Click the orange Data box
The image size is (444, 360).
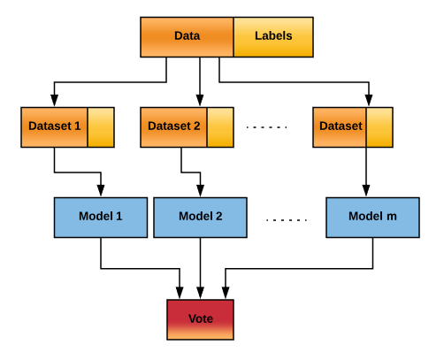point(187,37)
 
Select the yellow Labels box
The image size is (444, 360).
point(273,37)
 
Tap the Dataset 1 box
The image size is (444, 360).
point(54,127)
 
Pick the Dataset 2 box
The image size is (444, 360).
point(173,127)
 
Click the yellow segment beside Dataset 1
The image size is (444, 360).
point(101,127)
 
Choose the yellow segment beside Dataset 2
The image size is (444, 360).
point(220,127)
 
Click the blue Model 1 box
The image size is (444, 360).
point(101,218)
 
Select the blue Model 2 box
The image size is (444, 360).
point(200,218)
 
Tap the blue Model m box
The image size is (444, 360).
point(372,218)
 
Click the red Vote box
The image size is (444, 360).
point(200,319)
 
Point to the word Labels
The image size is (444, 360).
point(273,35)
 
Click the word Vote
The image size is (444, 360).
point(201,318)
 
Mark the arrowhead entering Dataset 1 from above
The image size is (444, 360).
point(54,100)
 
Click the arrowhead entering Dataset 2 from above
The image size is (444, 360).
point(200,100)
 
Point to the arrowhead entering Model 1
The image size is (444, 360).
point(101,190)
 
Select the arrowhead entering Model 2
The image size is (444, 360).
point(201,190)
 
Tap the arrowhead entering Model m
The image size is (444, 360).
point(366,190)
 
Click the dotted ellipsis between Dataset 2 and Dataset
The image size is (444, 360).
point(266,127)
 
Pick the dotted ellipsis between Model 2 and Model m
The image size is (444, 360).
point(287,220)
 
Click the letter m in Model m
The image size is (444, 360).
point(392,217)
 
